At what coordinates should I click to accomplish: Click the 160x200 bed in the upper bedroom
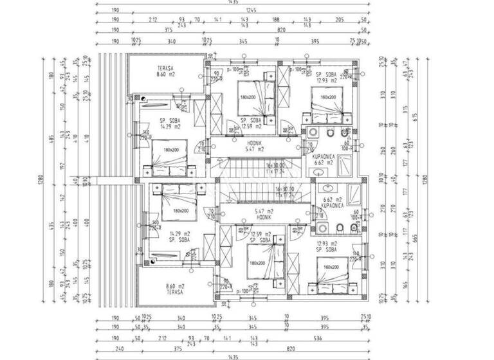(x=329, y=98)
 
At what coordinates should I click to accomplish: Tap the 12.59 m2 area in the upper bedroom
(x=251, y=126)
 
